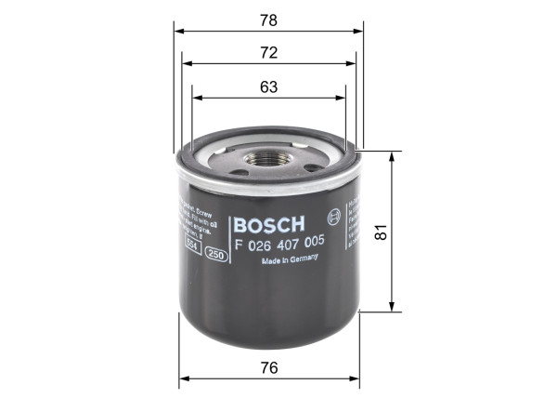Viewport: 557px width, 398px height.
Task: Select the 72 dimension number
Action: click(269, 54)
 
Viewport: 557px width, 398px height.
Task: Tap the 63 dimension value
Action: click(269, 86)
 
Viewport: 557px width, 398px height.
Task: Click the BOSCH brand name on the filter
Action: click(269, 225)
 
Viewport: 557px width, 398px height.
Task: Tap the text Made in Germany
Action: click(293, 262)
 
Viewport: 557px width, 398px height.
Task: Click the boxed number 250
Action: click(216, 254)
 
